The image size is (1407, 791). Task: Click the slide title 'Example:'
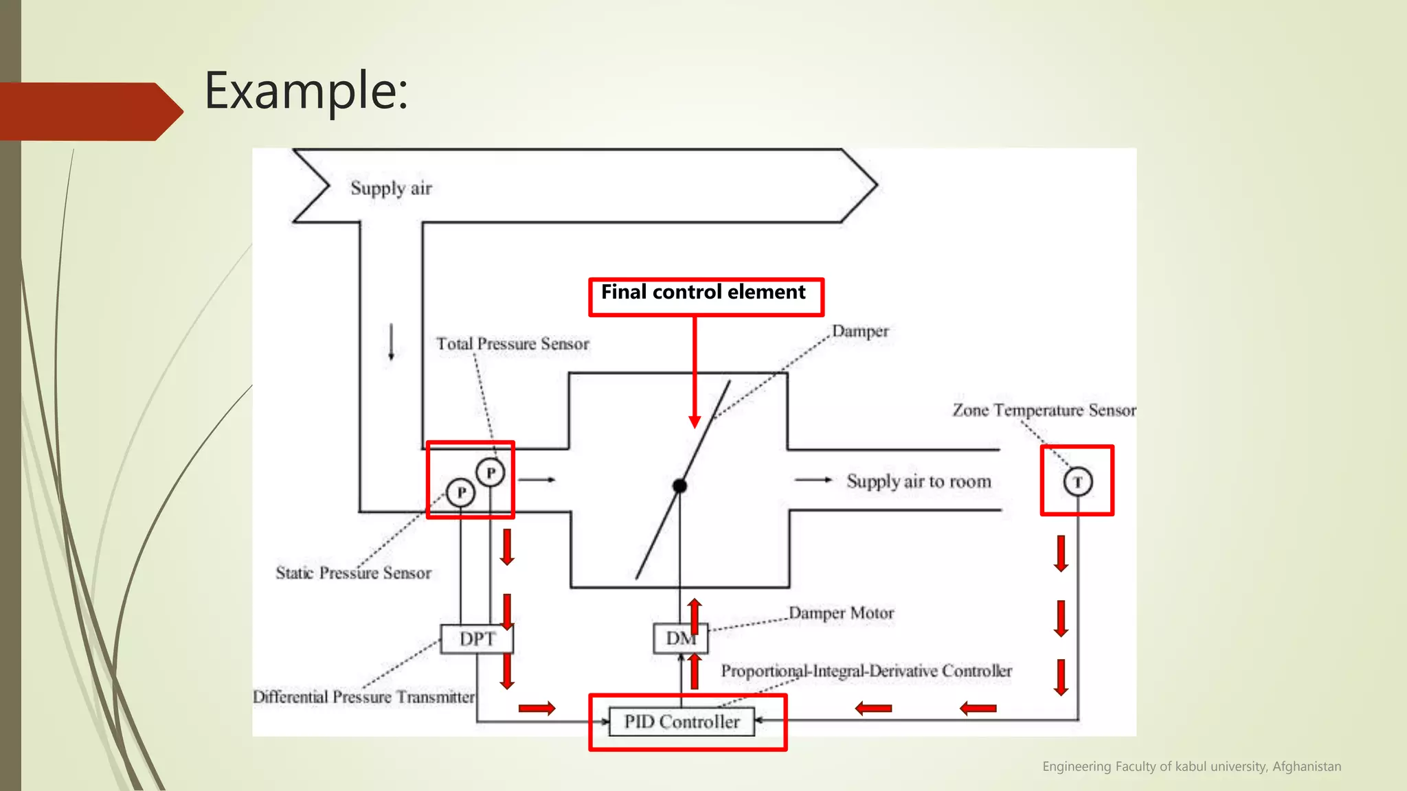(306, 91)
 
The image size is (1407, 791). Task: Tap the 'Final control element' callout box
(706, 297)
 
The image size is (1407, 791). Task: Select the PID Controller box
(682, 722)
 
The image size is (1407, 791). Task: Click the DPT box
(477, 639)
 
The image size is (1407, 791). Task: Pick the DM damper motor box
(680, 639)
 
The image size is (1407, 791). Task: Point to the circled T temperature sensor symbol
(1077, 482)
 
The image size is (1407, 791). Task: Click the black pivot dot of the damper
(679, 486)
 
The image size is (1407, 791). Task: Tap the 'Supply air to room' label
(919, 481)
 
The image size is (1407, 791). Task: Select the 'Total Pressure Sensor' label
(513, 344)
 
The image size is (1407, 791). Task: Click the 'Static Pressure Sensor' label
(353, 573)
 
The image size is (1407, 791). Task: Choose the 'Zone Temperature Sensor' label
(1043, 410)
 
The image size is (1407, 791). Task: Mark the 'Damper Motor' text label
(841, 612)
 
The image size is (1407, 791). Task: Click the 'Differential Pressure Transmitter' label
(363, 697)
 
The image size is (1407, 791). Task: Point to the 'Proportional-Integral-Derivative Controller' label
(866, 671)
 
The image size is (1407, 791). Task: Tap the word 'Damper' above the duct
(860, 331)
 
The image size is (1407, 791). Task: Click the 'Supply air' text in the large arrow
(391, 188)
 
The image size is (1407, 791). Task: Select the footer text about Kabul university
(1191, 766)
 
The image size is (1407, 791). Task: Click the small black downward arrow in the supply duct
(392, 342)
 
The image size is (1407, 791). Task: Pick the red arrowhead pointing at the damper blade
(695, 421)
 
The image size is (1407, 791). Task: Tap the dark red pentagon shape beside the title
(89, 111)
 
